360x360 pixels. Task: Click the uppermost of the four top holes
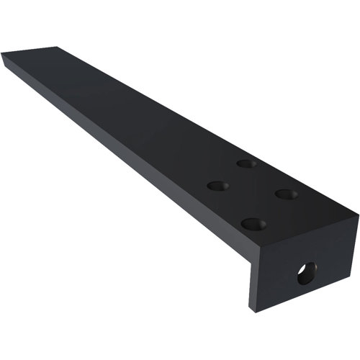(x=248, y=163)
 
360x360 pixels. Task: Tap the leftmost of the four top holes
(x=218, y=186)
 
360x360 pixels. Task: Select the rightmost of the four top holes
(x=286, y=194)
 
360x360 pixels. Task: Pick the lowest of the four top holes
(x=253, y=223)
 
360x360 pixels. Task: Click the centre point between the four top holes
(x=251, y=192)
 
